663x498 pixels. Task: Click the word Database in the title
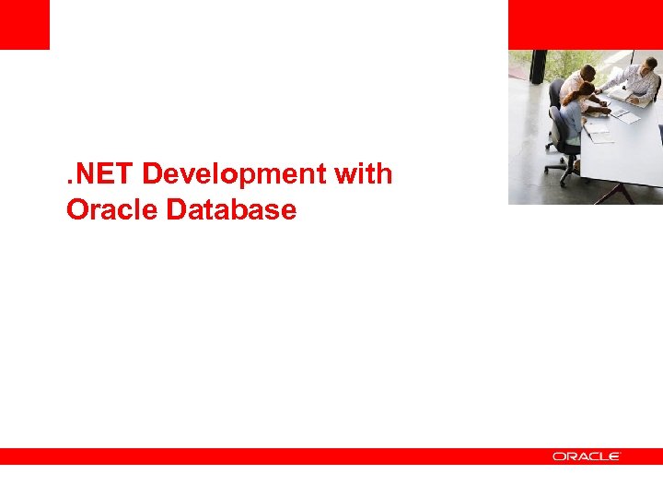(x=231, y=210)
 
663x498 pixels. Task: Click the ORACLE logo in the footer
(x=587, y=456)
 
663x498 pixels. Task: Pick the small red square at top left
(x=24, y=24)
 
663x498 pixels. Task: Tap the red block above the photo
(x=585, y=24)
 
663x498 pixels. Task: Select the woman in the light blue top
(x=573, y=118)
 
